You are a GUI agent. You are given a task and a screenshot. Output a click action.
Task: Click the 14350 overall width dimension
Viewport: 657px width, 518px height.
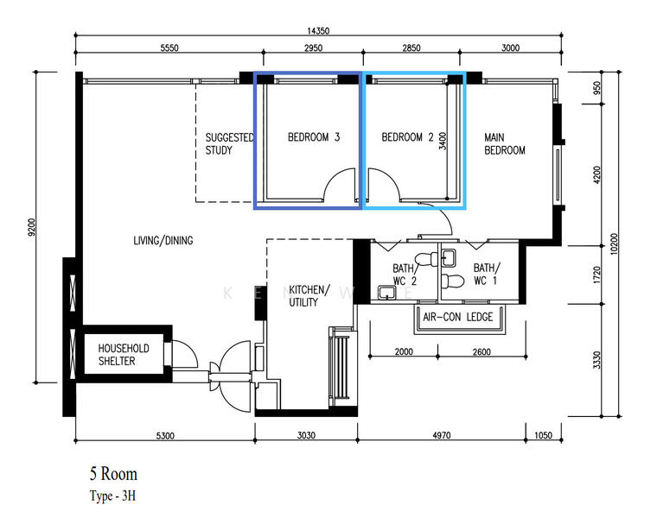tap(318, 31)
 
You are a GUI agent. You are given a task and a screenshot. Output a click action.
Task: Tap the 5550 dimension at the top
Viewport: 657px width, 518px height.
tap(169, 47)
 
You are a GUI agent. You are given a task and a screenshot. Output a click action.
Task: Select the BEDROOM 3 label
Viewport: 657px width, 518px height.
tap(314, 137)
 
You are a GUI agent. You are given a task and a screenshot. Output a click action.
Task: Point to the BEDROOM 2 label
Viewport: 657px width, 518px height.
tap(407, 137)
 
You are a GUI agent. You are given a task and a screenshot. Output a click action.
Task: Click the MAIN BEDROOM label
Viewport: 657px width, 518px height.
tap(505, 144)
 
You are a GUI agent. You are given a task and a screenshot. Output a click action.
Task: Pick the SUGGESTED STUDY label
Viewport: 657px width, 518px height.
tap(229, 144)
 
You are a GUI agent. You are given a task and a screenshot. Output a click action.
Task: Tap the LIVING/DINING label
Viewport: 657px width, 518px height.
tap(163, 241)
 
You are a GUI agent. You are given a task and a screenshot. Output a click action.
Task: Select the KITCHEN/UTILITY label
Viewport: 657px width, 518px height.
tap(309, 296)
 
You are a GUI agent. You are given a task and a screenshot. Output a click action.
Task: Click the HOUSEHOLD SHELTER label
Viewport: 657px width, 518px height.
tap(124, 355)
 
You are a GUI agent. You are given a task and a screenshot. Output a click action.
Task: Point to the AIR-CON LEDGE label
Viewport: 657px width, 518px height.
tap(458, 317)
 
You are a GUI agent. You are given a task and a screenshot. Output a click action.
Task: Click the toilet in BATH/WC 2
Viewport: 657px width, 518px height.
tap(426, 259)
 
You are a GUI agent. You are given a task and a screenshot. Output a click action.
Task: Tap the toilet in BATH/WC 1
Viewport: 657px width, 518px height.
tap(452, 281)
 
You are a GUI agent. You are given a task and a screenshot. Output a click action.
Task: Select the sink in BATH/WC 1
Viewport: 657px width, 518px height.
tap(450, 257)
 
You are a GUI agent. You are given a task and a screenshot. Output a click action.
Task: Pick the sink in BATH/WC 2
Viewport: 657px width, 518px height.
tap(386, 293)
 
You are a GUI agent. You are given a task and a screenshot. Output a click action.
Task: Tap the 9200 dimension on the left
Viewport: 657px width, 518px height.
tap(32, 227)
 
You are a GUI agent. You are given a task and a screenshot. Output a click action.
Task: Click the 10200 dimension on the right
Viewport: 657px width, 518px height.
tap(614, 244)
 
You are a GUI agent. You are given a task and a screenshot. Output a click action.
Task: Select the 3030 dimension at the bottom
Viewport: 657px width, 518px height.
tap(306, 436)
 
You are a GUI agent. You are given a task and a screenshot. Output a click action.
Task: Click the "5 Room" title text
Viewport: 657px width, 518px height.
tap(113, 474)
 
